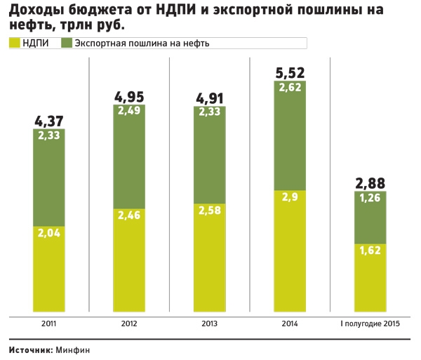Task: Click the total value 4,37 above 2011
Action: click(48, 121)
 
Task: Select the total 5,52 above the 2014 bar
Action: click(288, 72)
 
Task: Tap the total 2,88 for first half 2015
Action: click(369, 184)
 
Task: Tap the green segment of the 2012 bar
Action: click(129, 158)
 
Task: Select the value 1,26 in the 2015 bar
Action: click(370, 199)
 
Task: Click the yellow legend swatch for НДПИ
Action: click(13, 43)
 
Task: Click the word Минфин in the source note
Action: click(72, 349)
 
